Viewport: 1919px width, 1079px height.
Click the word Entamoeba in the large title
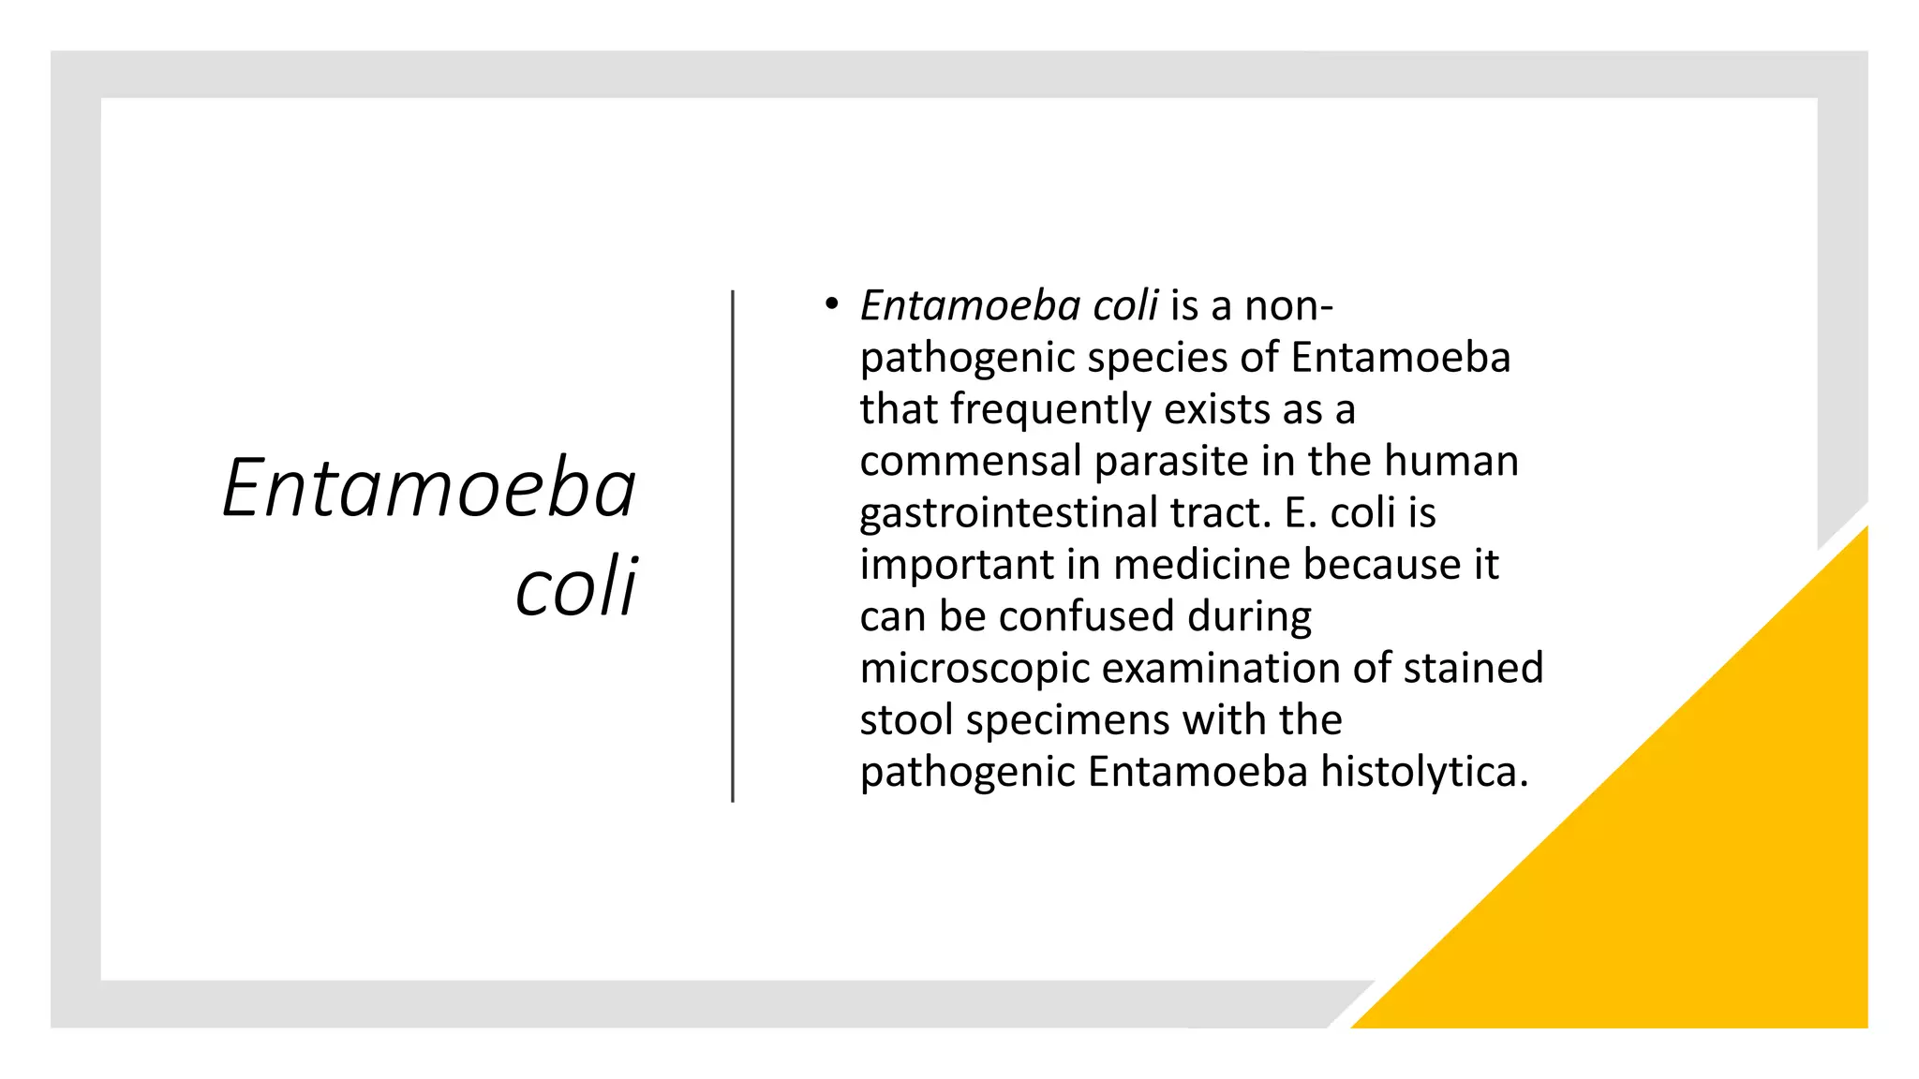tap(429, 488)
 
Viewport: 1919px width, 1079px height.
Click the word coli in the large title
tap(576, 587)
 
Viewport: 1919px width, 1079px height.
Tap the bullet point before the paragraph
tap(830, 304)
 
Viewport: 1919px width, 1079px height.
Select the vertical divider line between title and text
tap(733, 546)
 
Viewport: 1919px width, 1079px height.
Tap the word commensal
tap(971, 462)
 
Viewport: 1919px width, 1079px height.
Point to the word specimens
tap(1067, 720)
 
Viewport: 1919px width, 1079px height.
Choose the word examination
tap(1221, 669)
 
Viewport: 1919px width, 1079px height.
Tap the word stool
tap(906, 720)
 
